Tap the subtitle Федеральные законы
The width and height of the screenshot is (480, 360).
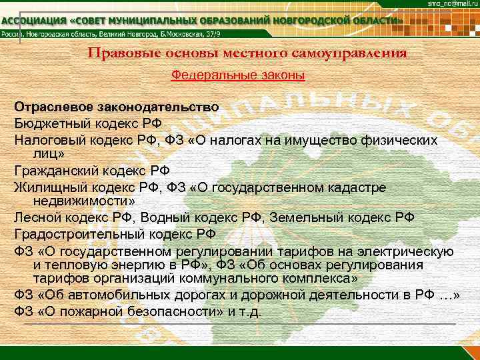pos(239,76)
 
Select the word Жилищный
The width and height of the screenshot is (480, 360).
pos(47,186)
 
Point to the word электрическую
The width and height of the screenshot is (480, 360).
pos(413,251)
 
